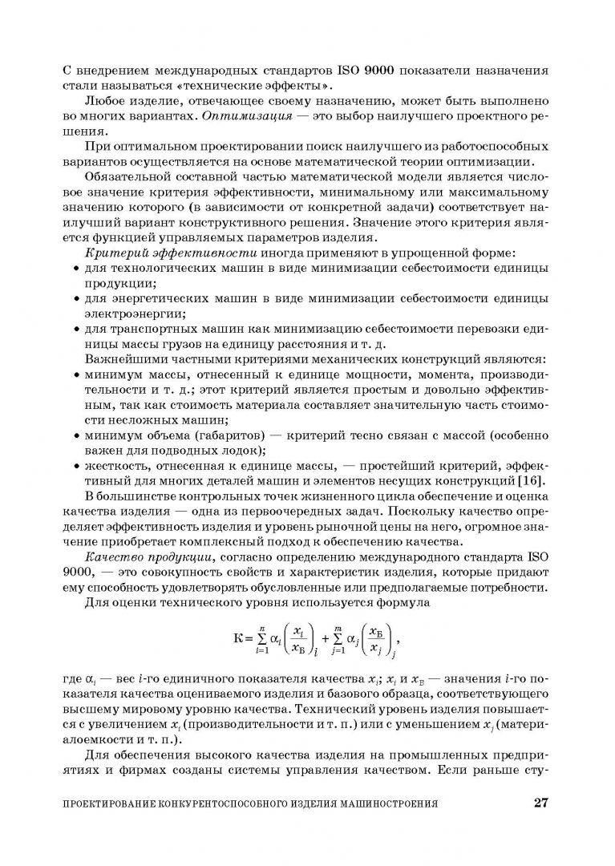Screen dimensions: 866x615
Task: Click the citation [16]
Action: (x=534, y=481)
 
